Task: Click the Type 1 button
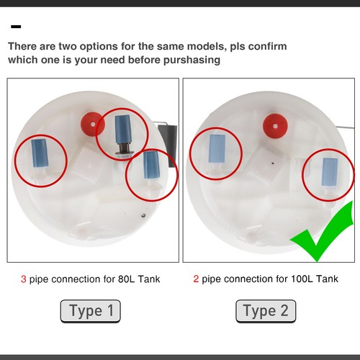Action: point(90,311)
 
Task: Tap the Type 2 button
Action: point(266,311)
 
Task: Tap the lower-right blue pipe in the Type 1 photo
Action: point(150,166)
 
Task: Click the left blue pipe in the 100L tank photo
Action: point(217,148)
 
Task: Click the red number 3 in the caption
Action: point(23,278)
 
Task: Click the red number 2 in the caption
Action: point(196,278)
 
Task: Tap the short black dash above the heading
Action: point(16,27)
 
